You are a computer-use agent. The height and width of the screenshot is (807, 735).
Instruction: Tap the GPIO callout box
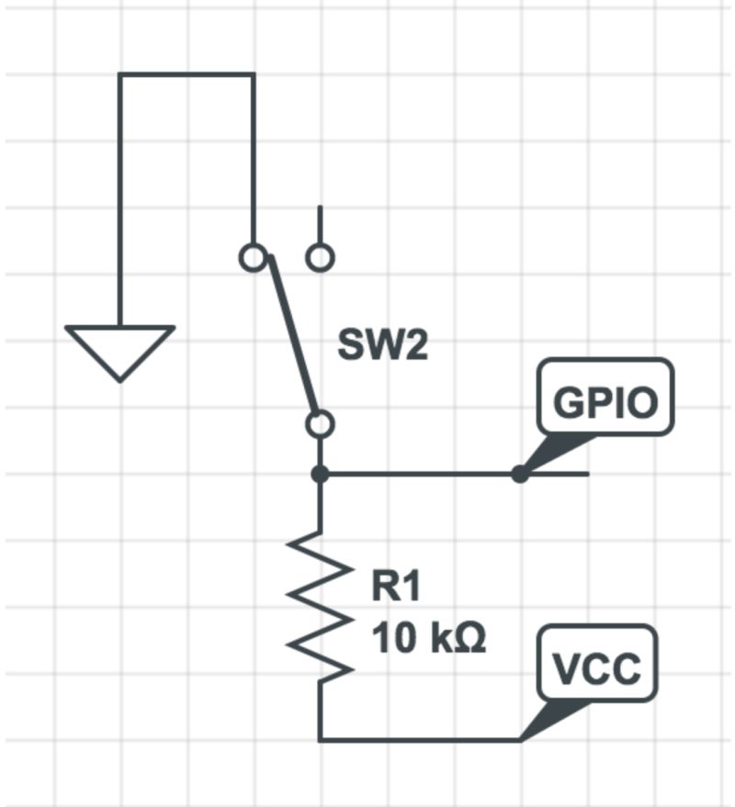(x=606, y=396)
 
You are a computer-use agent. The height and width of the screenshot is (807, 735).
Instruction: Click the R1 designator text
(x=396, y=588)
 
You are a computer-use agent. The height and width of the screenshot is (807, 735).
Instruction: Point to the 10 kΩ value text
(x=428, y=636)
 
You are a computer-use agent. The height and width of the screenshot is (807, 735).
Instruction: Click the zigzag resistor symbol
(x=320, y=606)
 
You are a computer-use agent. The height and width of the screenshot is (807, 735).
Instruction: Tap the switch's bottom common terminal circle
(x=320, y=424)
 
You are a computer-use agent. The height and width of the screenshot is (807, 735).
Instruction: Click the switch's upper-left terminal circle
(x=253, y=257)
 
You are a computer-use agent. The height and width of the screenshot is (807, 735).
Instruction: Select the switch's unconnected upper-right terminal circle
(x=320, y=257)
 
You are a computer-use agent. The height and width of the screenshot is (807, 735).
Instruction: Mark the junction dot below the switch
(x=320, y=475)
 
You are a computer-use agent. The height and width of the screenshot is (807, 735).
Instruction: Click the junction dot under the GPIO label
(x=520, y=475)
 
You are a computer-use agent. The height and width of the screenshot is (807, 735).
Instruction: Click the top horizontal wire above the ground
(x=186, y=75)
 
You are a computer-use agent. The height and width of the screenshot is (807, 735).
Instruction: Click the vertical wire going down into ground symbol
(x=119, y=202)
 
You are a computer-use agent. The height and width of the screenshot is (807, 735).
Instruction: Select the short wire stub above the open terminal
(x=320, y=225)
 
